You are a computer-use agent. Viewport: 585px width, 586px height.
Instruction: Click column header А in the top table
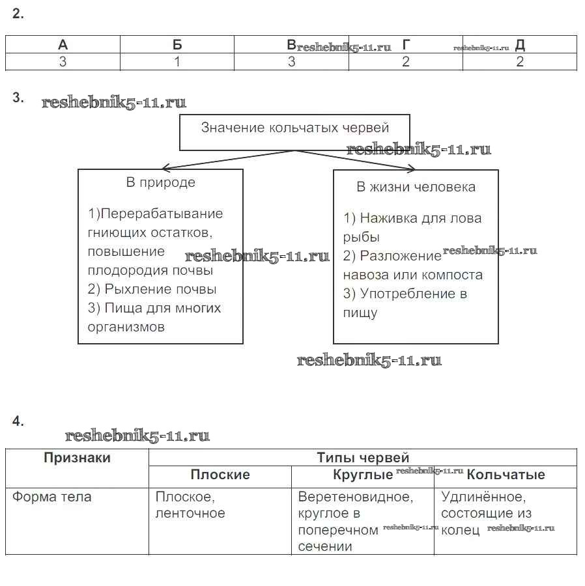(x=63, y=44)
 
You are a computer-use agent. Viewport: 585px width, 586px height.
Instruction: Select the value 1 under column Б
(x=177, y=62)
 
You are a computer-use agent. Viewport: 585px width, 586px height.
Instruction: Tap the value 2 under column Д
(x=519, y=62)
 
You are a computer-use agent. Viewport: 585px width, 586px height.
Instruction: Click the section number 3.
(x=18, y=98)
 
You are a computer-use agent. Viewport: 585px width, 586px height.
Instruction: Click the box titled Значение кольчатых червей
(x=294, y=128)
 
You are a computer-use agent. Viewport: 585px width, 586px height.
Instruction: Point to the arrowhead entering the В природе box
(x=165, y=167)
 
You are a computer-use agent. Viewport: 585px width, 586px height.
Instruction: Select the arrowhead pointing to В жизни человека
(x=410, y=169)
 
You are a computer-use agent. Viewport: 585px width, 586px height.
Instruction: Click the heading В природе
(x=160, y=183)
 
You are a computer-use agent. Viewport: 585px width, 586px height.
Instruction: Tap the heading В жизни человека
(x=416, y=188)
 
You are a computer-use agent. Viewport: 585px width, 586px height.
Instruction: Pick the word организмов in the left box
(x=126, y=327)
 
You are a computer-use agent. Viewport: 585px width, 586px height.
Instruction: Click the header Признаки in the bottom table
(x=77, y=458)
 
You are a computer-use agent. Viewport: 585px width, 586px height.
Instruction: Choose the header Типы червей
(x=362, y=458)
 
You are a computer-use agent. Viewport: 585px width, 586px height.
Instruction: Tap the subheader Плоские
(x=220, y=475)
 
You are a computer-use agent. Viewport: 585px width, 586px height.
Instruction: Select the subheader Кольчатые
(x=506, y=475)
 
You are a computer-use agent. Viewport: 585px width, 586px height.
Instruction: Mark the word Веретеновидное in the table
(x=355, y=497)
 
